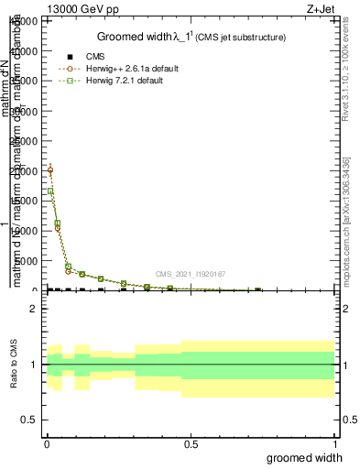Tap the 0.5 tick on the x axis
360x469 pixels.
(191, 444)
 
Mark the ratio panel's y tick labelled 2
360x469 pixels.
(34, 309)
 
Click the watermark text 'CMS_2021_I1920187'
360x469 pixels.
(190, 274)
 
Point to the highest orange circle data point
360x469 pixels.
(49, 170)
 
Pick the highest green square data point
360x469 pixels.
(49, 191)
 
